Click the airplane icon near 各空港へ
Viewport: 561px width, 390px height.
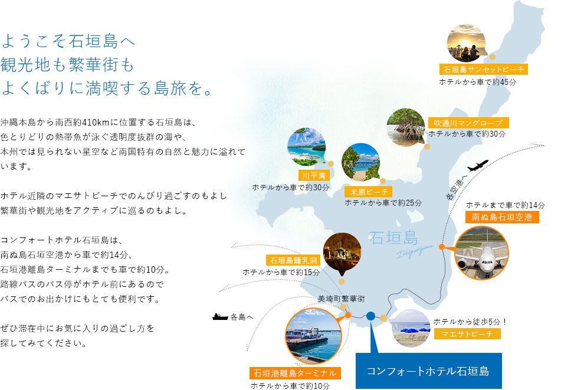click(478, 166)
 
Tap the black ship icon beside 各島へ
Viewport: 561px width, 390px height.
click(220, 317)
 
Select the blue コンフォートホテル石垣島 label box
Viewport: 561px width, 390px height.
click(429, 371)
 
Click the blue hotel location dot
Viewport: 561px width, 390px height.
click(370, 316)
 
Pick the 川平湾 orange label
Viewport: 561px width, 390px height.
click(314, 176)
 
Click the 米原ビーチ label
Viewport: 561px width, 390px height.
click(369, 192)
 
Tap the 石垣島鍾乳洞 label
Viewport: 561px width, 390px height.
click(293, 260)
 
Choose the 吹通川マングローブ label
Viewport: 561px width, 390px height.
click(468, 123)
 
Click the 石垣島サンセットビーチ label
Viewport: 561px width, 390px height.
click(484, 70)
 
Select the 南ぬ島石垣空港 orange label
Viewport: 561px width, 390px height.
click(502, 217)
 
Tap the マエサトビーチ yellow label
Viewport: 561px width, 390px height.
click(467, 334)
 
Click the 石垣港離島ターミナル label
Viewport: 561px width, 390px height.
click(295, 373)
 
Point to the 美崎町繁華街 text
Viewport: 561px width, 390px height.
click(342, 299)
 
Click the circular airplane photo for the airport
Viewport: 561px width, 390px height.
click(481, 253)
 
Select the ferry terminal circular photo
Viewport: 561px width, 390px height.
click(313, 336)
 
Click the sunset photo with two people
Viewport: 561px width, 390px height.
click(467, 43)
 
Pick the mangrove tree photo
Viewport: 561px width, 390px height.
click(406, 128)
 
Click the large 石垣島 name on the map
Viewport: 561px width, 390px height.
click(393, 238)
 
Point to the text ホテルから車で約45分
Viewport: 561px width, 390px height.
click(478, 82)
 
